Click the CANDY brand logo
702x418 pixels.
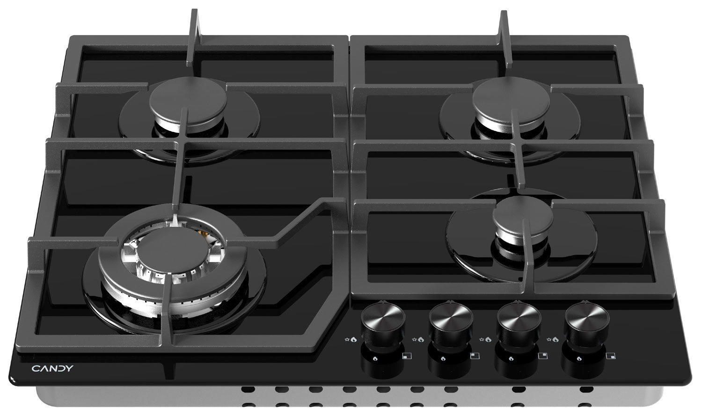52,368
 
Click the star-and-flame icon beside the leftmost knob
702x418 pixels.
351,340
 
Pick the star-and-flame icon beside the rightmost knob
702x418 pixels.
553,340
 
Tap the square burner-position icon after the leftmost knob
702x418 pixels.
407,356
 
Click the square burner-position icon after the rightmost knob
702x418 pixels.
610,356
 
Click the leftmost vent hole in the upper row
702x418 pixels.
248,390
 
